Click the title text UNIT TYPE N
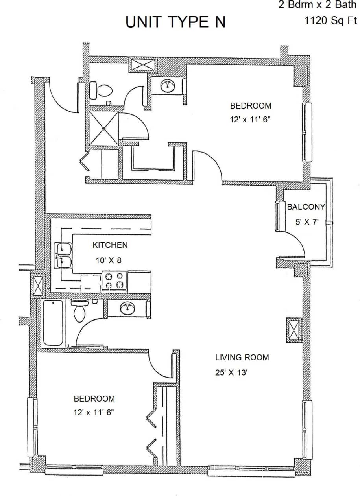(x=175, y=22)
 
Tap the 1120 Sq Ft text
(x=330, y=20)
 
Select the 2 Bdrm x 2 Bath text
(x=317, y=6)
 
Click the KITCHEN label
(x=110, y=245)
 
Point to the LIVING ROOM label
(x=242, y=357)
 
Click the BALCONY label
(x=306, y=207)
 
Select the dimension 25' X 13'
(x=231, y=372)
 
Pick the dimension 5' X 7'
(x=306, y=222)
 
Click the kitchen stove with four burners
(x=115, y=281)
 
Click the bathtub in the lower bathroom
(x=53, y=323)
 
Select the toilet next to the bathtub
(x=79, y=311)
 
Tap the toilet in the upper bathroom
(x=102, y=90)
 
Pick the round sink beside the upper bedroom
(x=168, y=85)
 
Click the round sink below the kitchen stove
(x=127, y=309)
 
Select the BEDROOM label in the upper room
(x=251, y=105)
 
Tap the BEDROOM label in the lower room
(x=94, y=398)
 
